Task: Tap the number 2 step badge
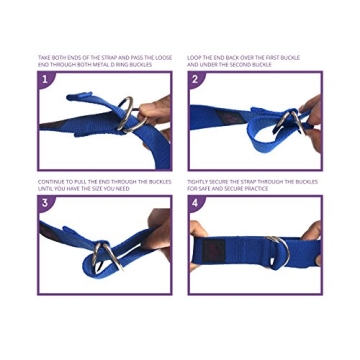coord(196,79)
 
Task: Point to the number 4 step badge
coord(196,203)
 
